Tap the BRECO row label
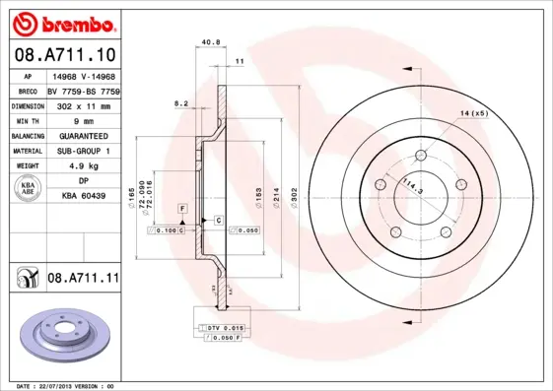(x=27, y=90)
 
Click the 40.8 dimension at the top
(x=209, y=41)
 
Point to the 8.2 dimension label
(x=180, y=102)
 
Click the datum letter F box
(x=182, y=209)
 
